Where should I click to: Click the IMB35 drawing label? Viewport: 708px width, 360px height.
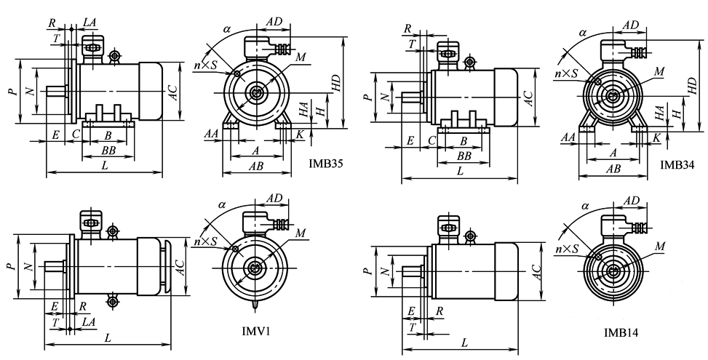pos(325,164)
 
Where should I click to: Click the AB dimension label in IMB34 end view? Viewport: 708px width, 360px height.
pos(613,169)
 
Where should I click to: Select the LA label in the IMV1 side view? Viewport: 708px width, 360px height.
pos(88,321)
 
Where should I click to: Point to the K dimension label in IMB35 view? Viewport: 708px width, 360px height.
pos(301,135)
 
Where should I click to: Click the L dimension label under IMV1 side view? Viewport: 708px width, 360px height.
pos(108,338)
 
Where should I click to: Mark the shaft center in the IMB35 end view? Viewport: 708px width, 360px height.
pos(256,92)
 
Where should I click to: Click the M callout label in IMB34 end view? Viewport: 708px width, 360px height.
pos(658,71)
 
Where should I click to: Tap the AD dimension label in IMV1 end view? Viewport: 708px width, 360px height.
pos(274,198)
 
